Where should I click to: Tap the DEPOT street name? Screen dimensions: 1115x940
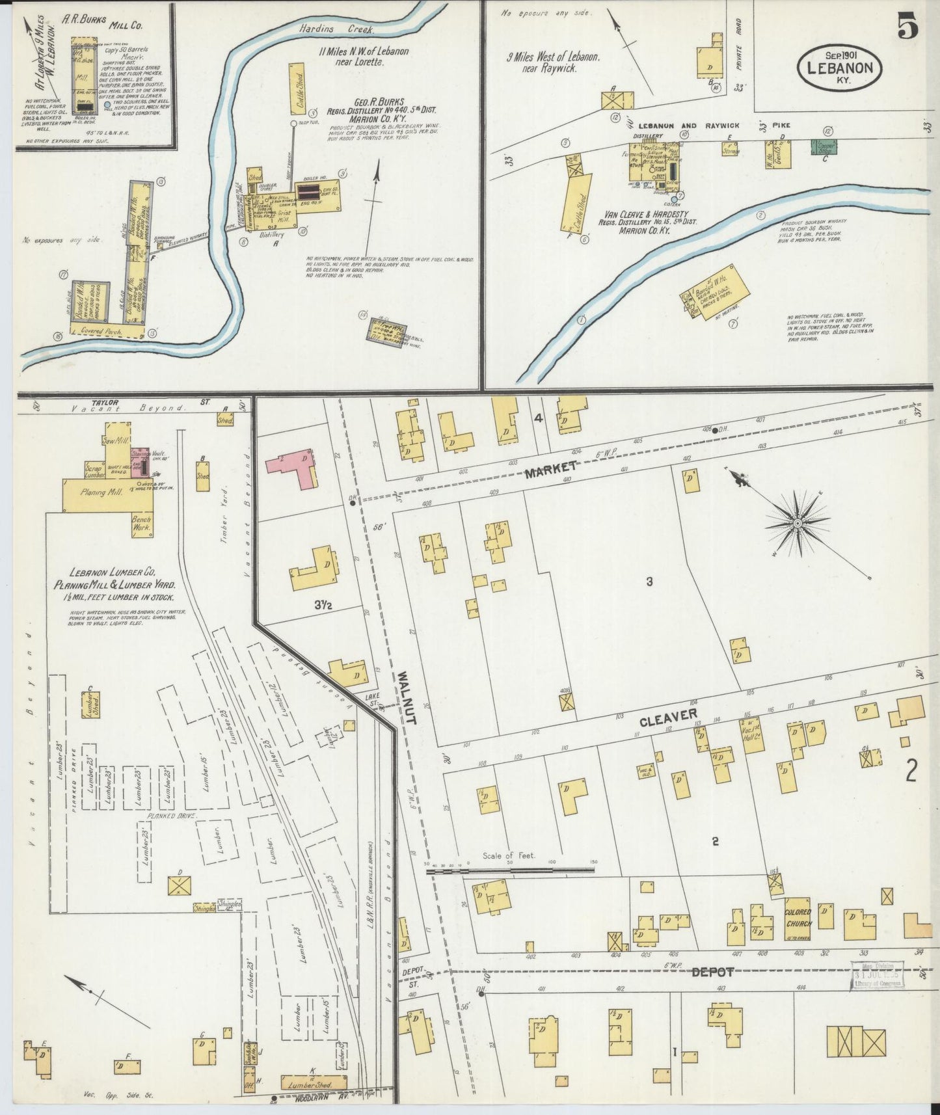pos(712,972)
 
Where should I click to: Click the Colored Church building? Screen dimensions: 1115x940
pos(798,918)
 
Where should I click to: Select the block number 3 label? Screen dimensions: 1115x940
pos(649,582)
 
